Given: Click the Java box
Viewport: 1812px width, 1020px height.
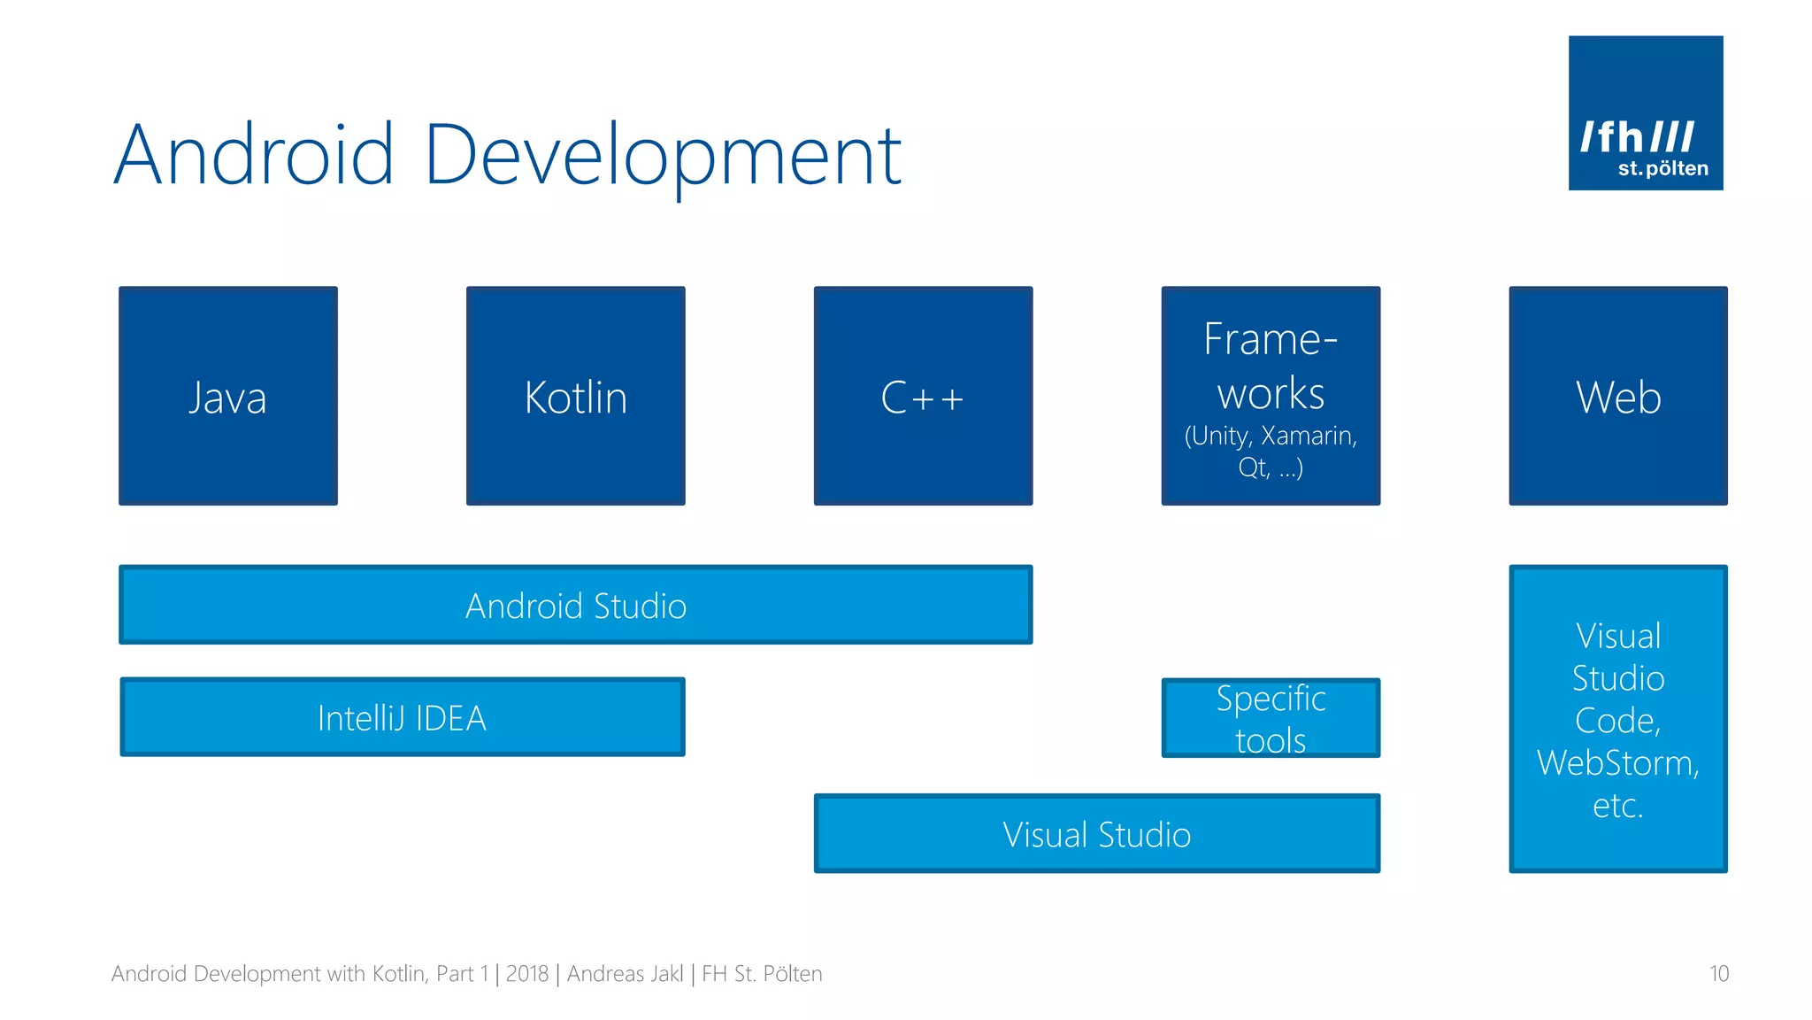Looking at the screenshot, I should click(x=228, y=396).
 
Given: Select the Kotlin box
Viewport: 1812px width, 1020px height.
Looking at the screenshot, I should click(x=576, y=396).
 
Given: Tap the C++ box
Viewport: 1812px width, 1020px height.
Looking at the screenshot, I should click(x=923, y=396).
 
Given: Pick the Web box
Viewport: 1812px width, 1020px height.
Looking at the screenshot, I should click(x=1618, y=396).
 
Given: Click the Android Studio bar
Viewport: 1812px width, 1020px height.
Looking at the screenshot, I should click(x=576, y=606).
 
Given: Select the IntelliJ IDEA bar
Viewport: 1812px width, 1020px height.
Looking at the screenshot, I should click(x=403, y=717).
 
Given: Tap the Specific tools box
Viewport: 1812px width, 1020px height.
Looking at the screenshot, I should click(x=1271, y=718).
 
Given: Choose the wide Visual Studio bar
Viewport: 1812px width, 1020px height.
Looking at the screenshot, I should click(x=1097, y=834).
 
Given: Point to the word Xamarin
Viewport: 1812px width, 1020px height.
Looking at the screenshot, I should click(x=1307, y=436).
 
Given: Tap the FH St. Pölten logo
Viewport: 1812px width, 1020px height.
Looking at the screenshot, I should click(x=1646, y=113).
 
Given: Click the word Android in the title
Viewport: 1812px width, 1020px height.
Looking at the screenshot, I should click(x=254, y=156).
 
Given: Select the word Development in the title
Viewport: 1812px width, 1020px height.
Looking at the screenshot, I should click(x=663, y=156).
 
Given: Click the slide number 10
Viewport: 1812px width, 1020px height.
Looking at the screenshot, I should click(x=1718, y=974).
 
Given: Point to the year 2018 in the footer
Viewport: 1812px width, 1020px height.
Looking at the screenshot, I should click(x=527, y=974).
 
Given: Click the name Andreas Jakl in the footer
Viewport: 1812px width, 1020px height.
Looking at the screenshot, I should click(x=626, y=974).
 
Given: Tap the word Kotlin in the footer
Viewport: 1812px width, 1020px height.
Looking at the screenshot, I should click(x=398, y=974).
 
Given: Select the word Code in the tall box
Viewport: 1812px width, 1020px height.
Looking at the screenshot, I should click(x=1616, y=721).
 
